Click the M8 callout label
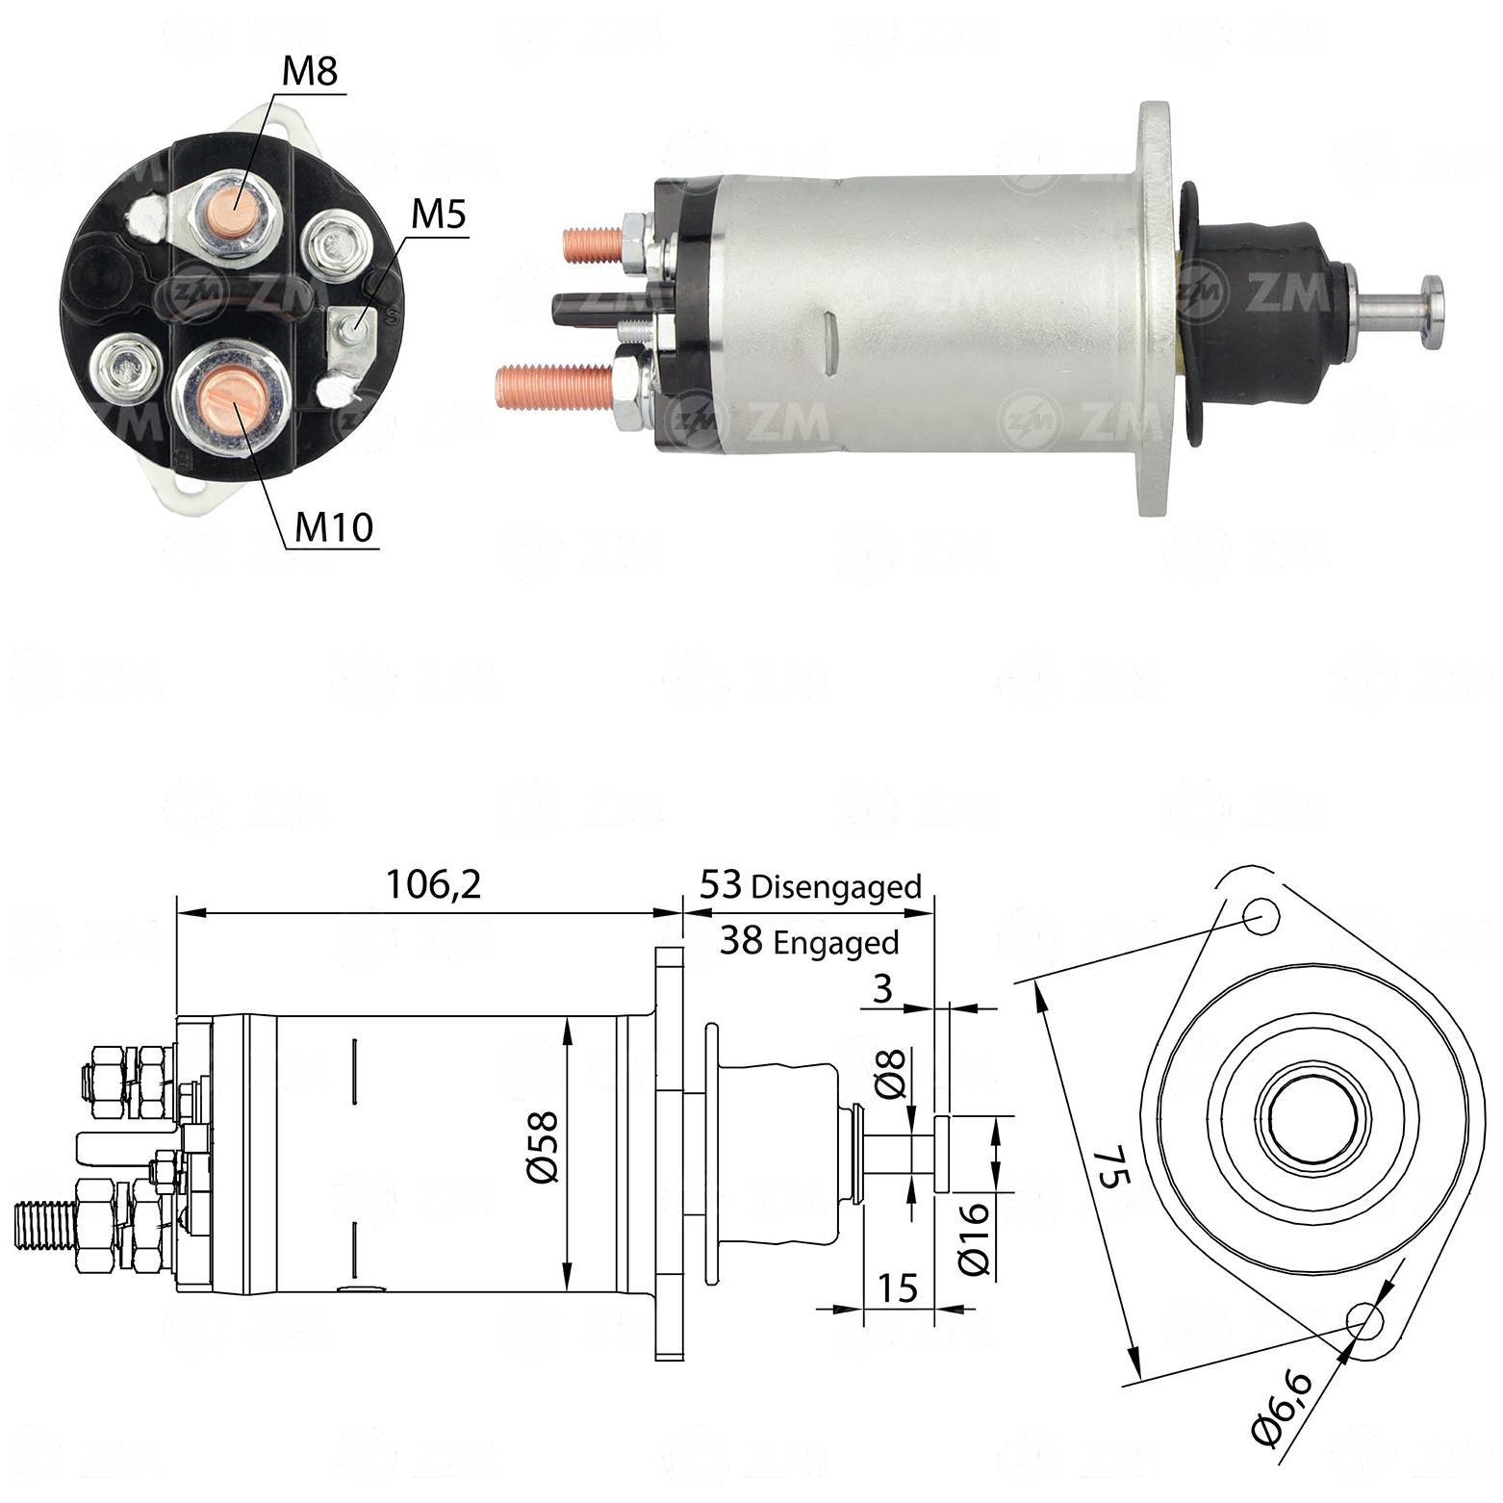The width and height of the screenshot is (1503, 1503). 310,71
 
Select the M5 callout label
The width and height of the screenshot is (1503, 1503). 438,215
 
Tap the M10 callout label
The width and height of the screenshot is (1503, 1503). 333,526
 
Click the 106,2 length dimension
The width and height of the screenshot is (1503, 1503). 433,883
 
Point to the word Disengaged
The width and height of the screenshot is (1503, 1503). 836,886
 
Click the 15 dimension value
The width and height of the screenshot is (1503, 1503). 898,1288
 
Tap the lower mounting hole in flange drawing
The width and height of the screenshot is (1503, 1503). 1364,1322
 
